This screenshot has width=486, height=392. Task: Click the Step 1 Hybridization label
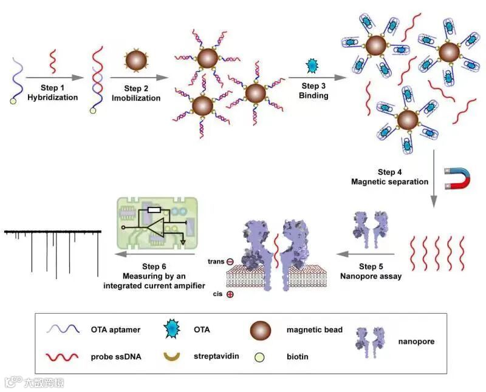[x=53, y=92]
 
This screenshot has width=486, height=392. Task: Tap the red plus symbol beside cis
[x=230, y=294]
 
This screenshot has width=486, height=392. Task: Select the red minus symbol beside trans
[x=230, y=262]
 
